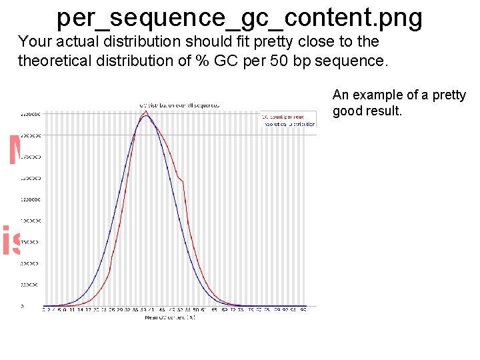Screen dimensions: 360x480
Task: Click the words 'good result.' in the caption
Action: pos(367,111)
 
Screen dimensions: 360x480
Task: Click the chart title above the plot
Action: pos(179,105)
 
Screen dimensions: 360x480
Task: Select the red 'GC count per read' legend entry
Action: pos(288,117)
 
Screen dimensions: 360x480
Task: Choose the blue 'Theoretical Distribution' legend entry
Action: pos(288,124)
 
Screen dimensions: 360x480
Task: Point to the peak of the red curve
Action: pos(145,111)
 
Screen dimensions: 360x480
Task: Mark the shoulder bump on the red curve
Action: pos(181,178)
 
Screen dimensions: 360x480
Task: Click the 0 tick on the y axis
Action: pos(22,307)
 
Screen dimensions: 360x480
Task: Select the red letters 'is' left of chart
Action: pos(11,241)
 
